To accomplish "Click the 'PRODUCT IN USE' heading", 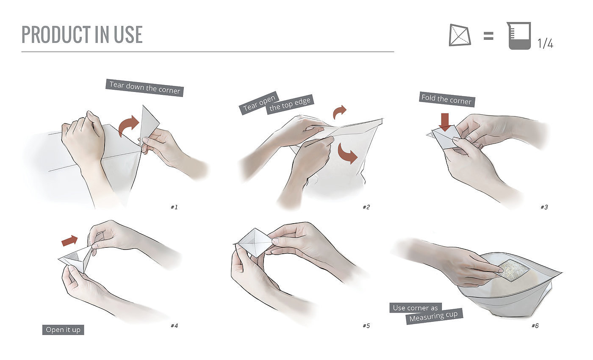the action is point(82,34).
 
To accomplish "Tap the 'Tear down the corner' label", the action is point(144,88).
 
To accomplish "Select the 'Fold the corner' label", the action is point(447,100).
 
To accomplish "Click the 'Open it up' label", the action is point(63,330).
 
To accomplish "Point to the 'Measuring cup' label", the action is point(434,316).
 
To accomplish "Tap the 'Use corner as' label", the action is point(416,308).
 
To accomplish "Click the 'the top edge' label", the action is point(290,104).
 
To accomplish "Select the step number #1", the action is point(174,207).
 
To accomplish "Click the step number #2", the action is point(366,207).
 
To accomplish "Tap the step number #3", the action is point(544,207).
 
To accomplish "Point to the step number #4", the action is point(174,326).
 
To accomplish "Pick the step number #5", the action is point(366,326).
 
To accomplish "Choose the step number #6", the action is point(535,326).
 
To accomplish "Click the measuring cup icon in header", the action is point(519,36).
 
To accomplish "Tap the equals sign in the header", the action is point(488,36).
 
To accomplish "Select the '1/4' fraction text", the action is point(546,43).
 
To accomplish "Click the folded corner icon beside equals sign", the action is point(460,35).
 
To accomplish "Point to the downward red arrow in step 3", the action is point(445,122).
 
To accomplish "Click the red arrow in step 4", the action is point(69,241).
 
